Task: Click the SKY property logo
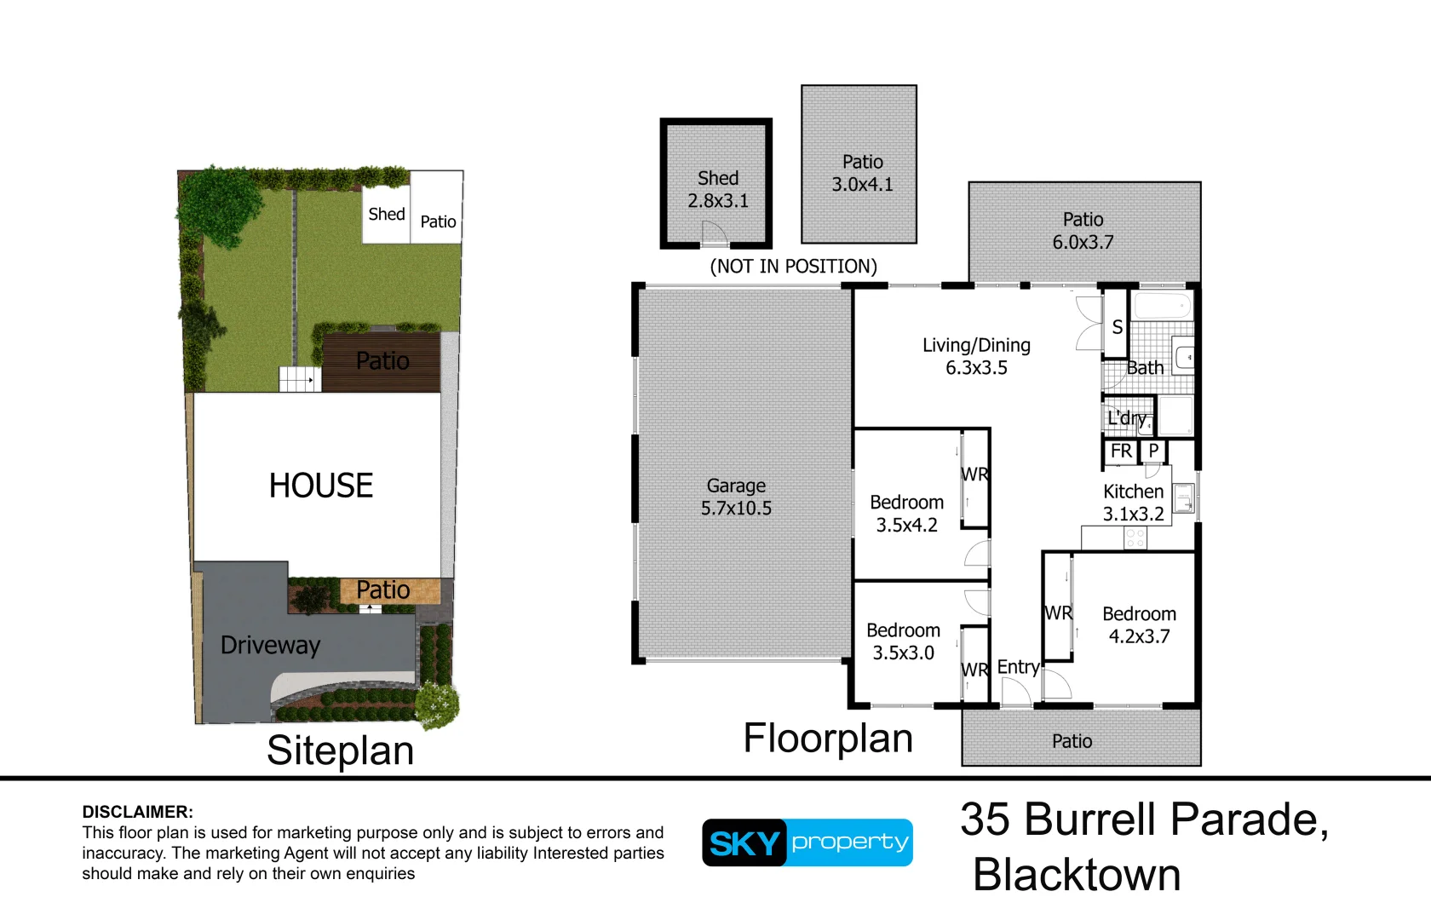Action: pyautogui.click(x=807, y=842)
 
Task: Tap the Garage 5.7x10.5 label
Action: pyautogui.click(x=736, y=497)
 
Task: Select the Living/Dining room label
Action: pyautogui.click(x=976, y=356)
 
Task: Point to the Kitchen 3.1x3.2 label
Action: pyautogui.click(x=1133, y=503)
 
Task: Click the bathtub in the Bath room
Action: pyautogui.click(x=1162, y=307)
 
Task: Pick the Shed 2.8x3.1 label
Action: pyautogui.click(x=718, y=189)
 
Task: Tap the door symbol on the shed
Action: pyautogui.click(x=714, y=233)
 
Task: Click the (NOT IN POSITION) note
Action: pyautogui.click(x=793, y=266)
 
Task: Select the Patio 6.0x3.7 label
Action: pyautogui.click(x=1083, y=231)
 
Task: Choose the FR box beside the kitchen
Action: pyautogui.click(x=1121, y=451)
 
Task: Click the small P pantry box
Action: pyautogui.click(x=1153, y=451)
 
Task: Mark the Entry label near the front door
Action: pyautogui.click(x=1018, y=667)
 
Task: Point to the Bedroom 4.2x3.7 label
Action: pyautogui.click(x=1139, y=624)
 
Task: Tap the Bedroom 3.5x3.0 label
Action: pyautogui.click(x=903, y=641)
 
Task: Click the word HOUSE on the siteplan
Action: pyautogui.click(x=321, y=486)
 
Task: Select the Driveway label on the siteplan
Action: pyautogui.click(x=270, y=645)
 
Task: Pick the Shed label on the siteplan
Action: pyautogui.click(x=386, y=215)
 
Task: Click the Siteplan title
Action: pyautogui.click(x=340, y=750)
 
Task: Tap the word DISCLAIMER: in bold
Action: pyautogui.click(x=137, y=812)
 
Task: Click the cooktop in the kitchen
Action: pyautogui.click(x=1135, y=538)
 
